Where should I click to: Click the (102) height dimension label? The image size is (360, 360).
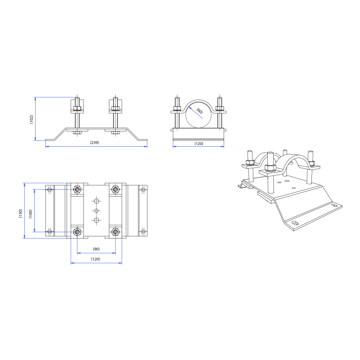pyautogui.click(x=31, y=119)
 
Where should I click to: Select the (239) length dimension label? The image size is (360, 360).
pyautogui.click(x=94, y=143)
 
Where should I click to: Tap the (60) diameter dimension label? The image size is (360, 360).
pyautogui.click(x=199, y=111)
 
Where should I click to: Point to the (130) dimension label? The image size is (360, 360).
pyautogui.click(x=21, y=213)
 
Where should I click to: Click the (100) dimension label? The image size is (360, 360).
pyautogui.click(x=31, y=214)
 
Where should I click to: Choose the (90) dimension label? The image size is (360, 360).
pyautogui.click(x=96, y=249)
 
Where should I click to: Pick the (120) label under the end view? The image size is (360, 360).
pyautogui.click(x=199, y=144)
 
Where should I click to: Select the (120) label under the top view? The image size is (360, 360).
pyautogui.click(x=95, y=259)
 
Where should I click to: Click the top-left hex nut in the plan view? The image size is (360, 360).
pyautogui.click(x=77, y=189)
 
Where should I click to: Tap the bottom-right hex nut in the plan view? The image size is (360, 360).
pyautogui.click(x=116, y=232)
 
